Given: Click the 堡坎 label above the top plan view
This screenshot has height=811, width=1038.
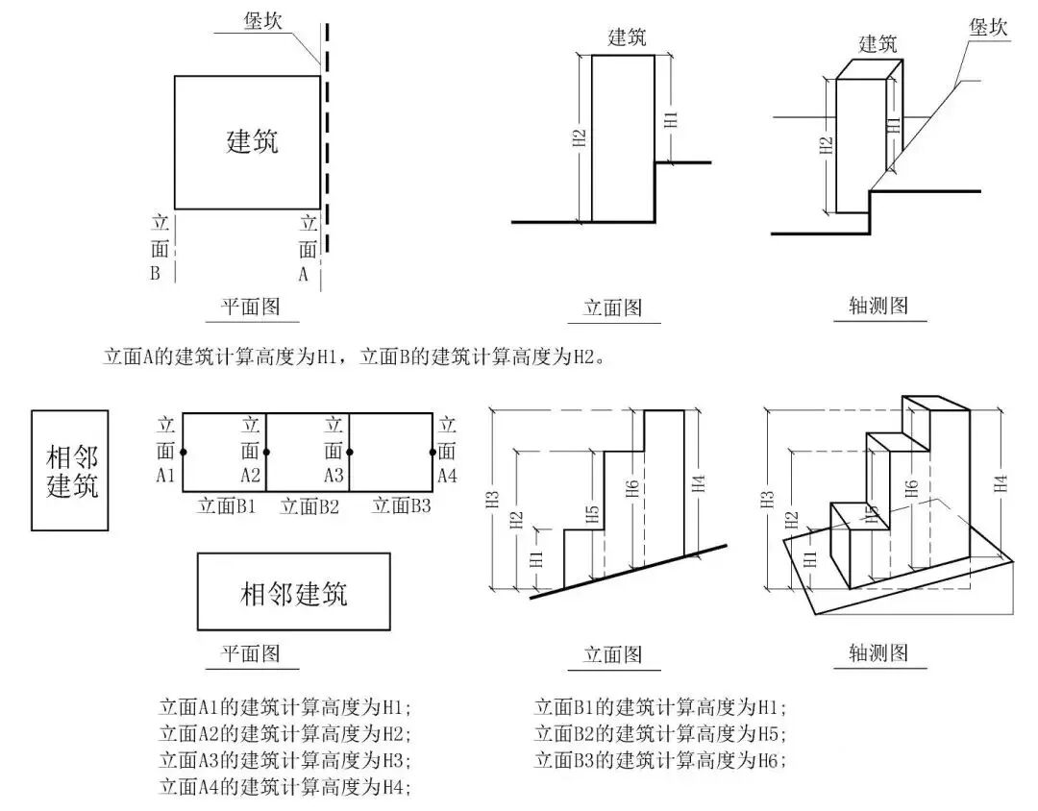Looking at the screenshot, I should click(x=261, y=21).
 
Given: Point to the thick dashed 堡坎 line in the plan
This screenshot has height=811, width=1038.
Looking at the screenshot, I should click(x=328, y=144).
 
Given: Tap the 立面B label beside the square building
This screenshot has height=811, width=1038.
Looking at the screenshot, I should click(x=160, y=248).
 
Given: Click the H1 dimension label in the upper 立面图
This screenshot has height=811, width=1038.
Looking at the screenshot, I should click(x=671, y=119).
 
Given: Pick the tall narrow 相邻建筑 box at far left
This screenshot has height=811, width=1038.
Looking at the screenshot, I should click(x=70, y=470).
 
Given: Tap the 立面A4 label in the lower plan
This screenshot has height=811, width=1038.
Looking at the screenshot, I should click(x=445, y=450).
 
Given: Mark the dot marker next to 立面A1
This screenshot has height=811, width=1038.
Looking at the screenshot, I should click(x=183, y=452).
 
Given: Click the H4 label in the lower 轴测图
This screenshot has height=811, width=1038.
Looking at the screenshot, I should click(x=1001, y=483).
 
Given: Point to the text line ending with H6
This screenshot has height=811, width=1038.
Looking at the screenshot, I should click(x=659, y=760).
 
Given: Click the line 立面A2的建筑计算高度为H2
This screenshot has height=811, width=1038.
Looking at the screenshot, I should click(x=284, y=734).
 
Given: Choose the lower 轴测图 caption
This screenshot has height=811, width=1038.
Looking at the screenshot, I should click(x=877, y=653).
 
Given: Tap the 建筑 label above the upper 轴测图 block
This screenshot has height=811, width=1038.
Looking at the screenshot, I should click(x=877, y=43).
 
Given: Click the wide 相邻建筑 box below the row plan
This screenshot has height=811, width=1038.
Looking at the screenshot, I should click(x=293, y=592).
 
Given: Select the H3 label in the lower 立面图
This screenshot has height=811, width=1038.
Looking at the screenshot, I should click(x=493, y=499).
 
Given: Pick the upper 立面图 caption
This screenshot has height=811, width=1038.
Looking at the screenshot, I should click(x=612, y=307).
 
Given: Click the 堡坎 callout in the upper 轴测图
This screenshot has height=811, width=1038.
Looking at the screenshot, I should click(x=988, y=27).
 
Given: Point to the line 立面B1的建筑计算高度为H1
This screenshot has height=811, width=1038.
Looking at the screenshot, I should click(x=659, y=708).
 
